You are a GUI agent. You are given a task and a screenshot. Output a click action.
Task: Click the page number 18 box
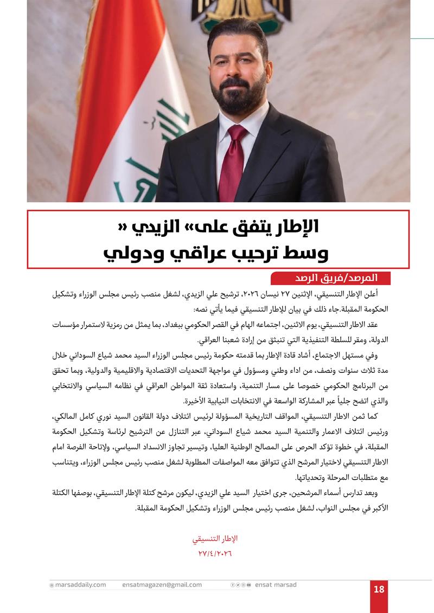point(379,589)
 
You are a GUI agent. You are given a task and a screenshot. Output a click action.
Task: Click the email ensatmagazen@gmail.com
point(162,585)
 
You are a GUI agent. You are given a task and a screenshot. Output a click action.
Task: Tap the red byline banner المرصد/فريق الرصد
point(331,278)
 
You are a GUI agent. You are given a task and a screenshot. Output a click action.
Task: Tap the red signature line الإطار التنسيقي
point(215,539)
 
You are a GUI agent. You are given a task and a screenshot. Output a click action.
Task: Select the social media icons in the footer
point(241,585)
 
